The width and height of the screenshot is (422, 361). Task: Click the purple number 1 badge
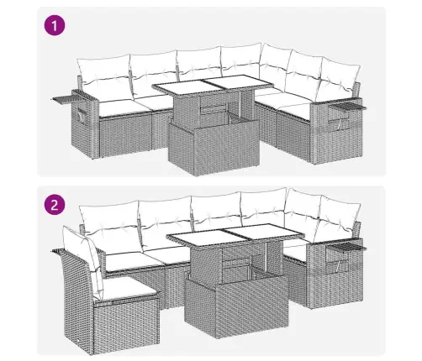click(55, 26)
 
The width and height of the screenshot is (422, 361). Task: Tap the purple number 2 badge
click(55, 205)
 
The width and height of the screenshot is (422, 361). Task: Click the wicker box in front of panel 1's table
click(214, 145)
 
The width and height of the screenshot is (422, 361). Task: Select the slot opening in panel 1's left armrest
click(82, 115)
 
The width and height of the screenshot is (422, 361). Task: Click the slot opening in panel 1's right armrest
click(339, 124)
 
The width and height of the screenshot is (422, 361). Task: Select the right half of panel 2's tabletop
click(265, 233)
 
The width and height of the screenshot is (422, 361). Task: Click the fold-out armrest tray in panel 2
click(347, 246)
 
